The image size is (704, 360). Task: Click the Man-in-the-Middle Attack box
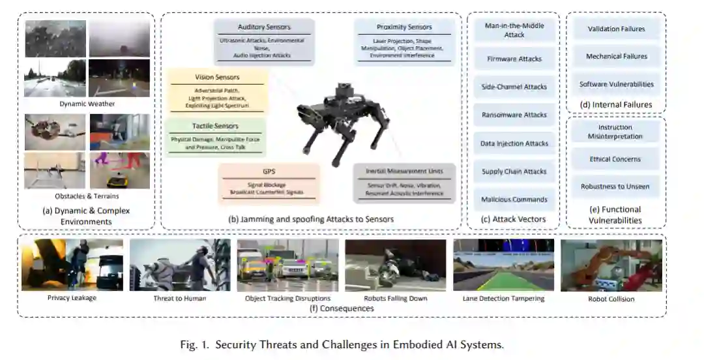point(514,30)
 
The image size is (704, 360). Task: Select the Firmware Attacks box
point(514,59)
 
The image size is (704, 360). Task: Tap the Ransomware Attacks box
point(514,115)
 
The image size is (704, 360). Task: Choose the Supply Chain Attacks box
point(514,172)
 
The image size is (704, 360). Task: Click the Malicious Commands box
point(514,200)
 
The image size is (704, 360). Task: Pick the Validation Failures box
point(616,29)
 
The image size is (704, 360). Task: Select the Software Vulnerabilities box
point(616,84)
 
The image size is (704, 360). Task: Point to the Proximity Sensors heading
point(404,27)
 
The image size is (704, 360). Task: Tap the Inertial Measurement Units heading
point(404,172)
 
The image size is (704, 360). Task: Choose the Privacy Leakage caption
point(72,298)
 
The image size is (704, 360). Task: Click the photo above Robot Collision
point(611,265)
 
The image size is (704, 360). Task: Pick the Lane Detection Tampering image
point(503,265)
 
